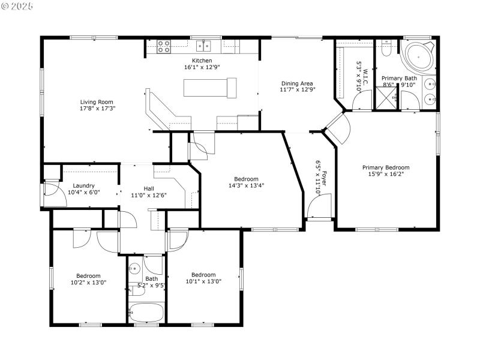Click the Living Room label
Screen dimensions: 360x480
pos(97,102)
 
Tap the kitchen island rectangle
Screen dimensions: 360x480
pos(211,89)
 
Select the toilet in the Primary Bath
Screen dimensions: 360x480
pos(386,49)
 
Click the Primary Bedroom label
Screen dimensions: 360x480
pos(385,167)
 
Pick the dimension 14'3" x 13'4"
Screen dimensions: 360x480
pos(246,185)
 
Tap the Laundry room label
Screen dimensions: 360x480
pos(83,185)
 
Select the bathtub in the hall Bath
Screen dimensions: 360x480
pos(147,313)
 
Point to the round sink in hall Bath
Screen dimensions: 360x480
pos(135,269)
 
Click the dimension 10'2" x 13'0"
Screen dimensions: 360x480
pos(88,282)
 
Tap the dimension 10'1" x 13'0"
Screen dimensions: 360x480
pos(203,281)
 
